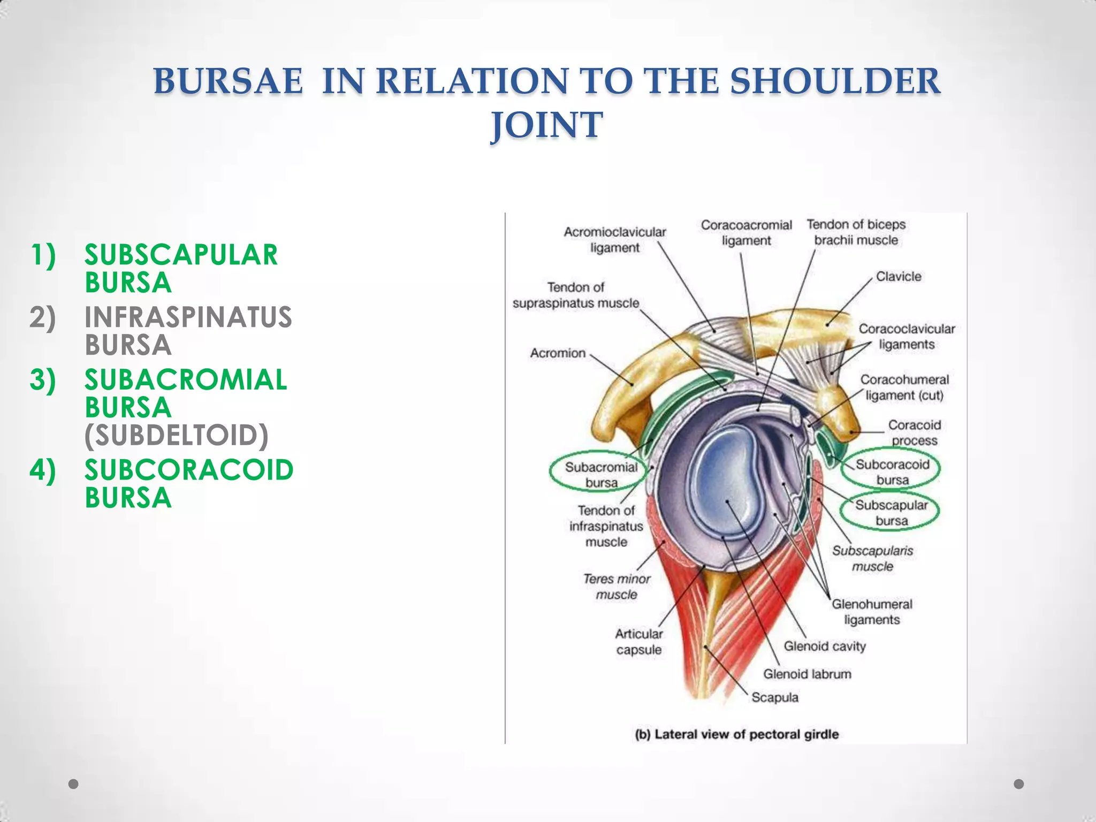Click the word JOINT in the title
[x=547, y=125]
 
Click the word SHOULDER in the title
[x=835, y=81]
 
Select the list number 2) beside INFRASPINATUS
[x=42, y=317]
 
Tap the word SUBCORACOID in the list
[x=188, y=470]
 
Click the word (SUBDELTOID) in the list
[x=177, y=435]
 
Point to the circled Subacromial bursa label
[x=600, y=474]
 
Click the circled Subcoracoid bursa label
[x=892, y=471]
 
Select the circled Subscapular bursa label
[x=890, y=512]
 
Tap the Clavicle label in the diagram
[x=899, y=277]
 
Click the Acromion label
[x=558, y=353]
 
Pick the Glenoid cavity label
[x=824, y=646]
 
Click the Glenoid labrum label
[x=806, y=674]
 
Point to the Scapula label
[x=774, y=697]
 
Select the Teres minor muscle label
[x=616, y=587]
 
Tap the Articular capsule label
[x=638, y=642]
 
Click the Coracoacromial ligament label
[x=746, y=233]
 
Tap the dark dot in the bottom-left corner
[x=74, y=784]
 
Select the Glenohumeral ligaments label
[x=871, y=612]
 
